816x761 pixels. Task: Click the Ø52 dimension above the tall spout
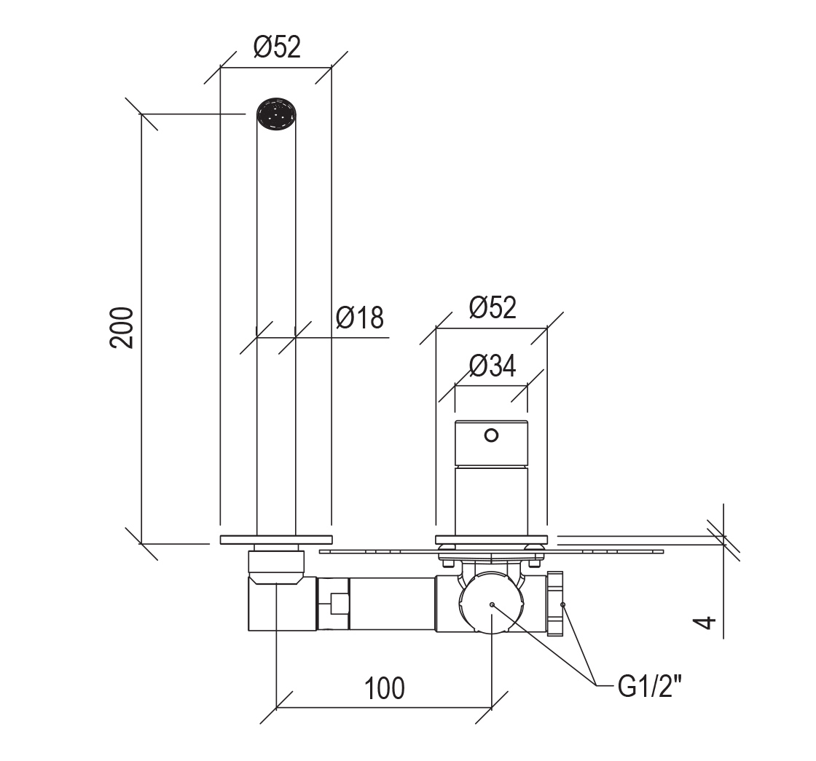[x=277, y=47]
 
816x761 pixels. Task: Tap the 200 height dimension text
[x=122, y=328]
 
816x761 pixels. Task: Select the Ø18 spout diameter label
[x=360, y=318]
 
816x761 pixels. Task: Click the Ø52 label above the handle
[x=493, y=307]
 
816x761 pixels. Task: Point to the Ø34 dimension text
[x=493, y=366]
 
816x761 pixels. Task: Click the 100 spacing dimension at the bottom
[x=385, y=688]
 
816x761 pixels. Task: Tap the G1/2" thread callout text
[x=649, y=687]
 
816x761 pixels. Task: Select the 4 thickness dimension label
[x=706, y=622]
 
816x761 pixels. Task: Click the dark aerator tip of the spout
[x=276, y=114]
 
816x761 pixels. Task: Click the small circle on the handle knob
[x=491, y=435]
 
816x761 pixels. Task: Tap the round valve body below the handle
[x=491, y=604]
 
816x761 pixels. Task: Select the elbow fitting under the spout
[x=283, y=604]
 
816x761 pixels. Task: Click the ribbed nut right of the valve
[x=554, y=604]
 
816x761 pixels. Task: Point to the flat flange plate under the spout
[x=276, y=540]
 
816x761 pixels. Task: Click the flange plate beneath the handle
[x=491, y=540]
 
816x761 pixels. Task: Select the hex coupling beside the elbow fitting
[x=333, y=604]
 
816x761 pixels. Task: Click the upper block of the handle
[x=491, y=443]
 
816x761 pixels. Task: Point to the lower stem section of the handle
[x=491, y=500]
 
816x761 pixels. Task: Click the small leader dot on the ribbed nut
[x=562, y=604]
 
